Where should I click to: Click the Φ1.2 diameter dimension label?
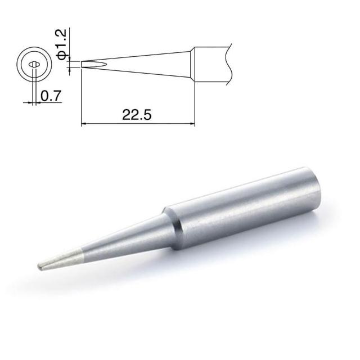[61, 44]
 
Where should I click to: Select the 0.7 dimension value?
[51, 96]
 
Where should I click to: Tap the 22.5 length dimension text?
[137, 115]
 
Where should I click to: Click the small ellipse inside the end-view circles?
[34, 65]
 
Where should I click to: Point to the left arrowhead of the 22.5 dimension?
[84, 124]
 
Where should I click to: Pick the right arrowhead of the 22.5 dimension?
[192, 124]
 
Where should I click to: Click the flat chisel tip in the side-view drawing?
[94, 64]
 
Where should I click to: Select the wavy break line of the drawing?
[229, 64]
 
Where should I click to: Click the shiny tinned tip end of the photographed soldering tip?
[60, 260]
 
